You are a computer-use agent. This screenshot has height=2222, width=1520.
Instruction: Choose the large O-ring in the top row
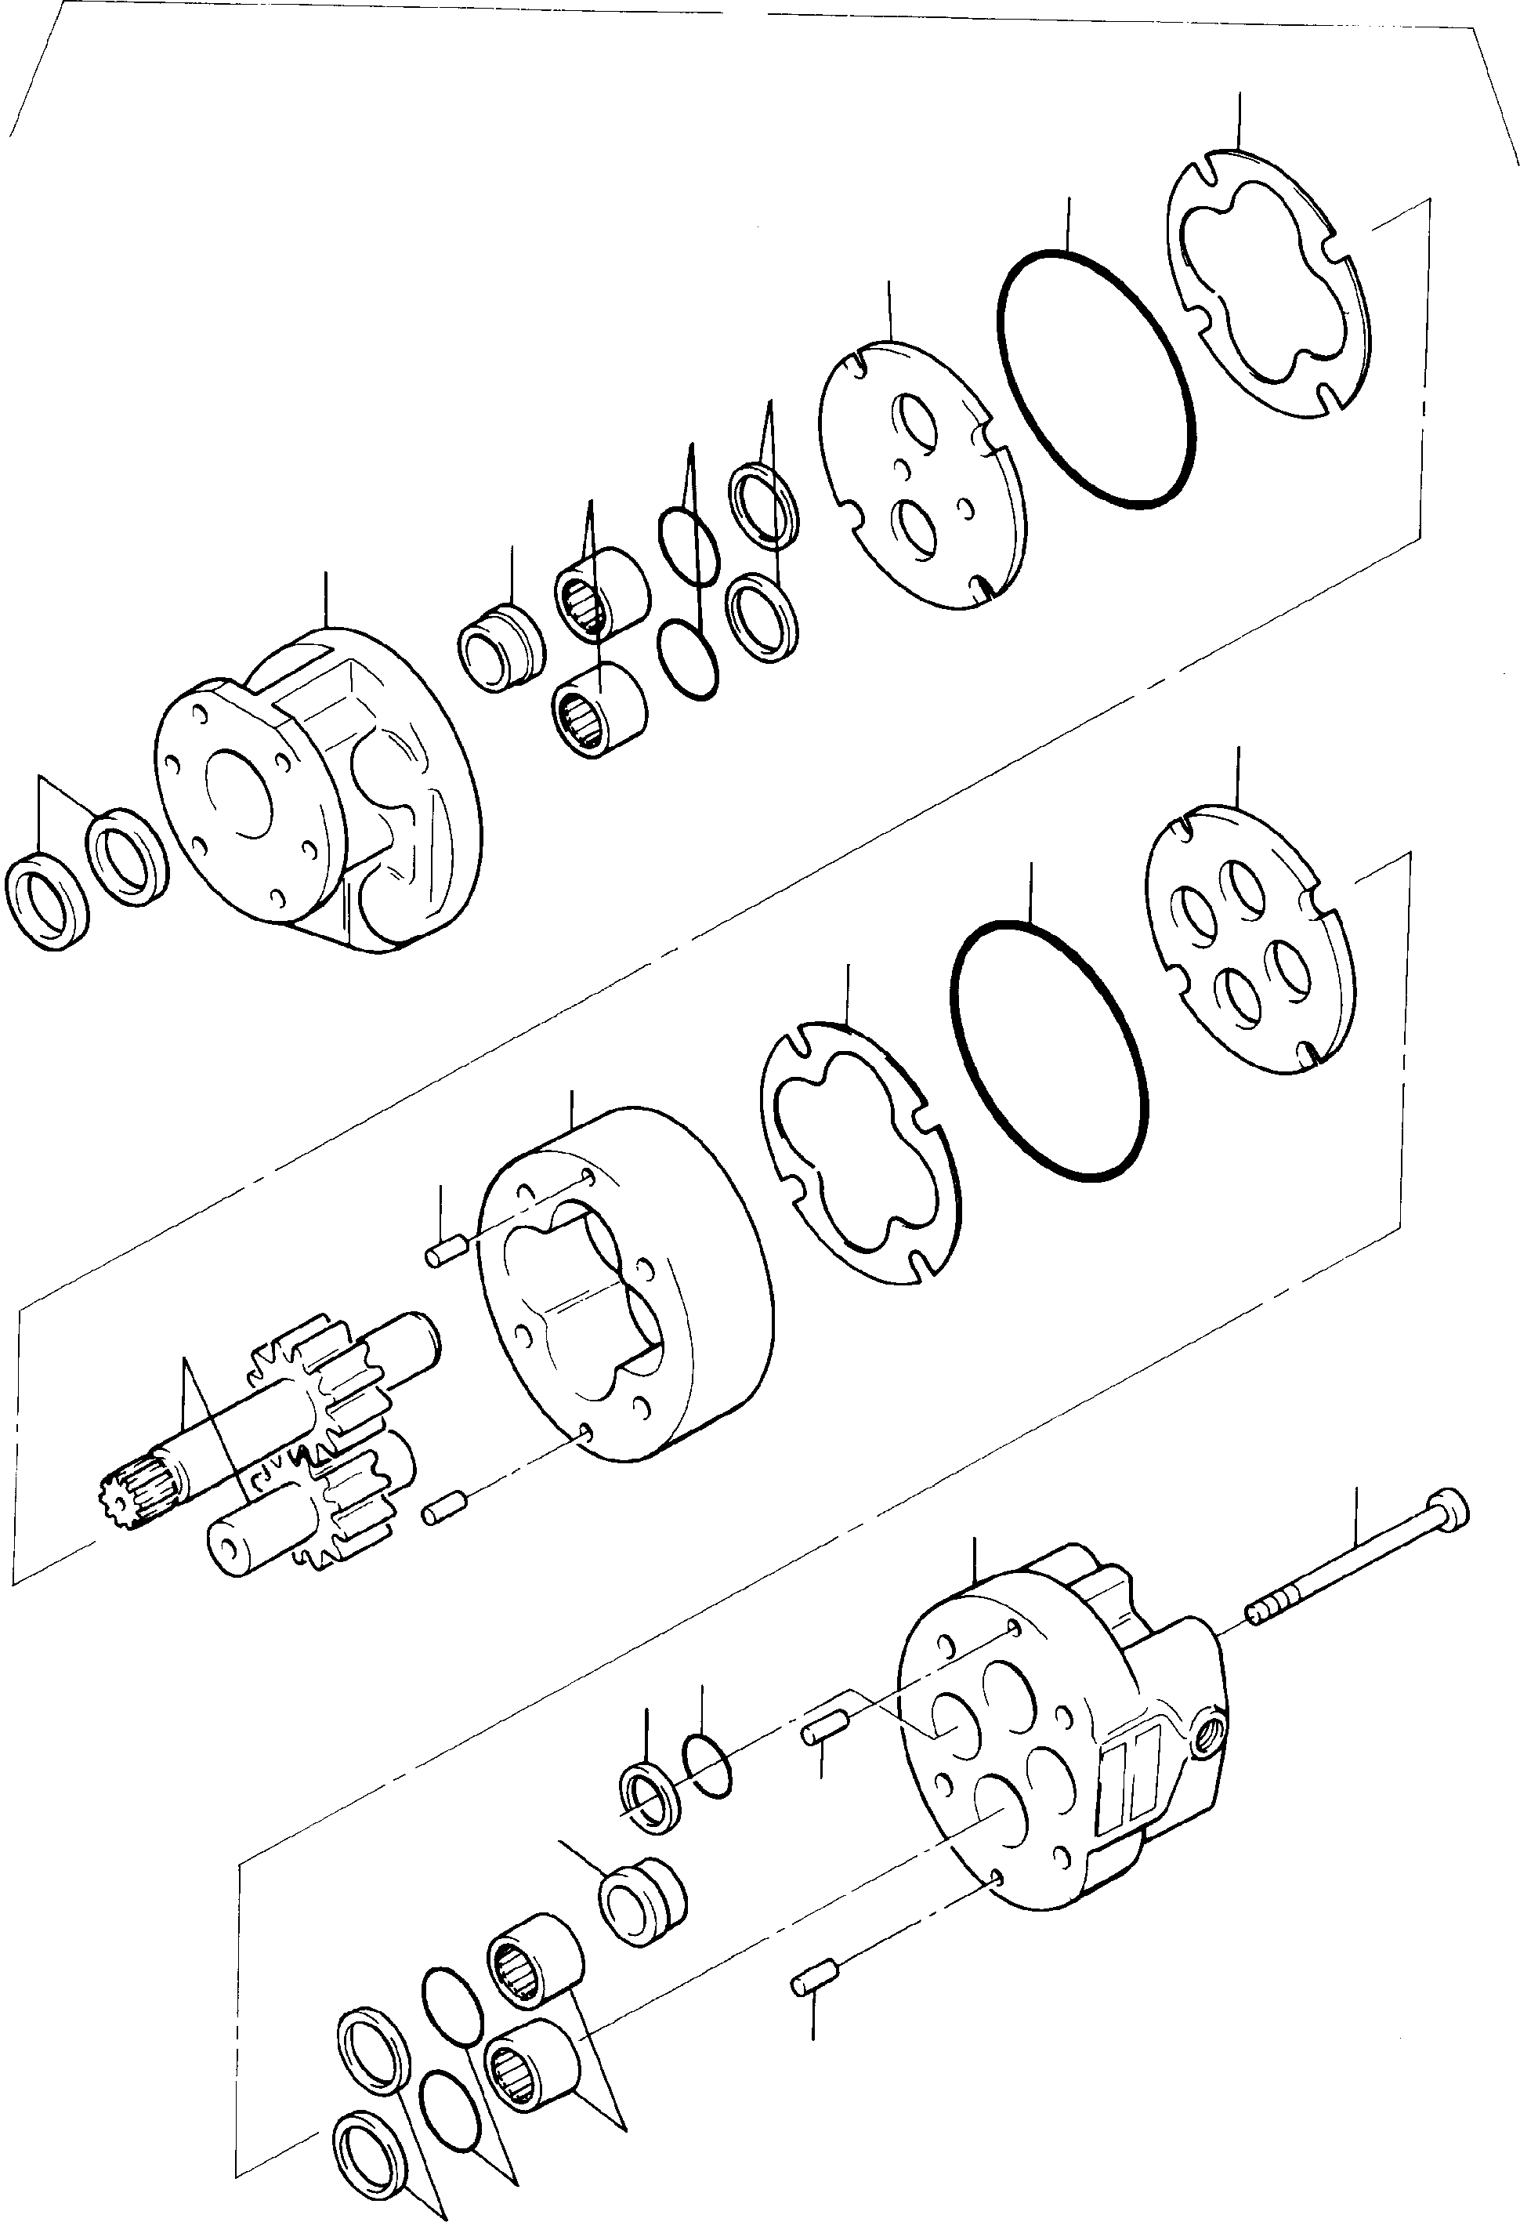(x=1096, y=375)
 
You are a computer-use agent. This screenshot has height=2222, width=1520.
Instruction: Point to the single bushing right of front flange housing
(x=501, y=648)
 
